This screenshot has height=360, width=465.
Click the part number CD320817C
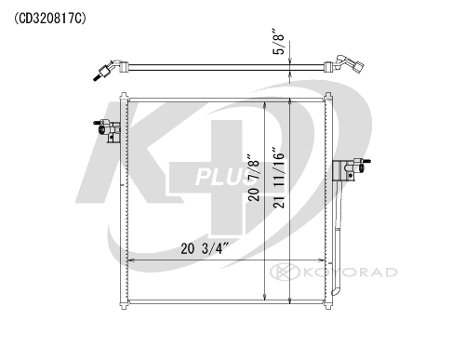click(49, 19)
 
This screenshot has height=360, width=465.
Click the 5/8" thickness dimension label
click(278, 42)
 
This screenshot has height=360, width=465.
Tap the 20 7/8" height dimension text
click(254, 177)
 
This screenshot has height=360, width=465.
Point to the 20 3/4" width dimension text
click(205, 248)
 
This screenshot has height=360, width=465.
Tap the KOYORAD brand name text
click(351, 273)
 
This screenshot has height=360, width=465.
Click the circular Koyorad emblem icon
click(285, 272)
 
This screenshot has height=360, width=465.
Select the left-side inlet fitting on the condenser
click(107, 130)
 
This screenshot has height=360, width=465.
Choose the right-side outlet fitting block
click(352, 170)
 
